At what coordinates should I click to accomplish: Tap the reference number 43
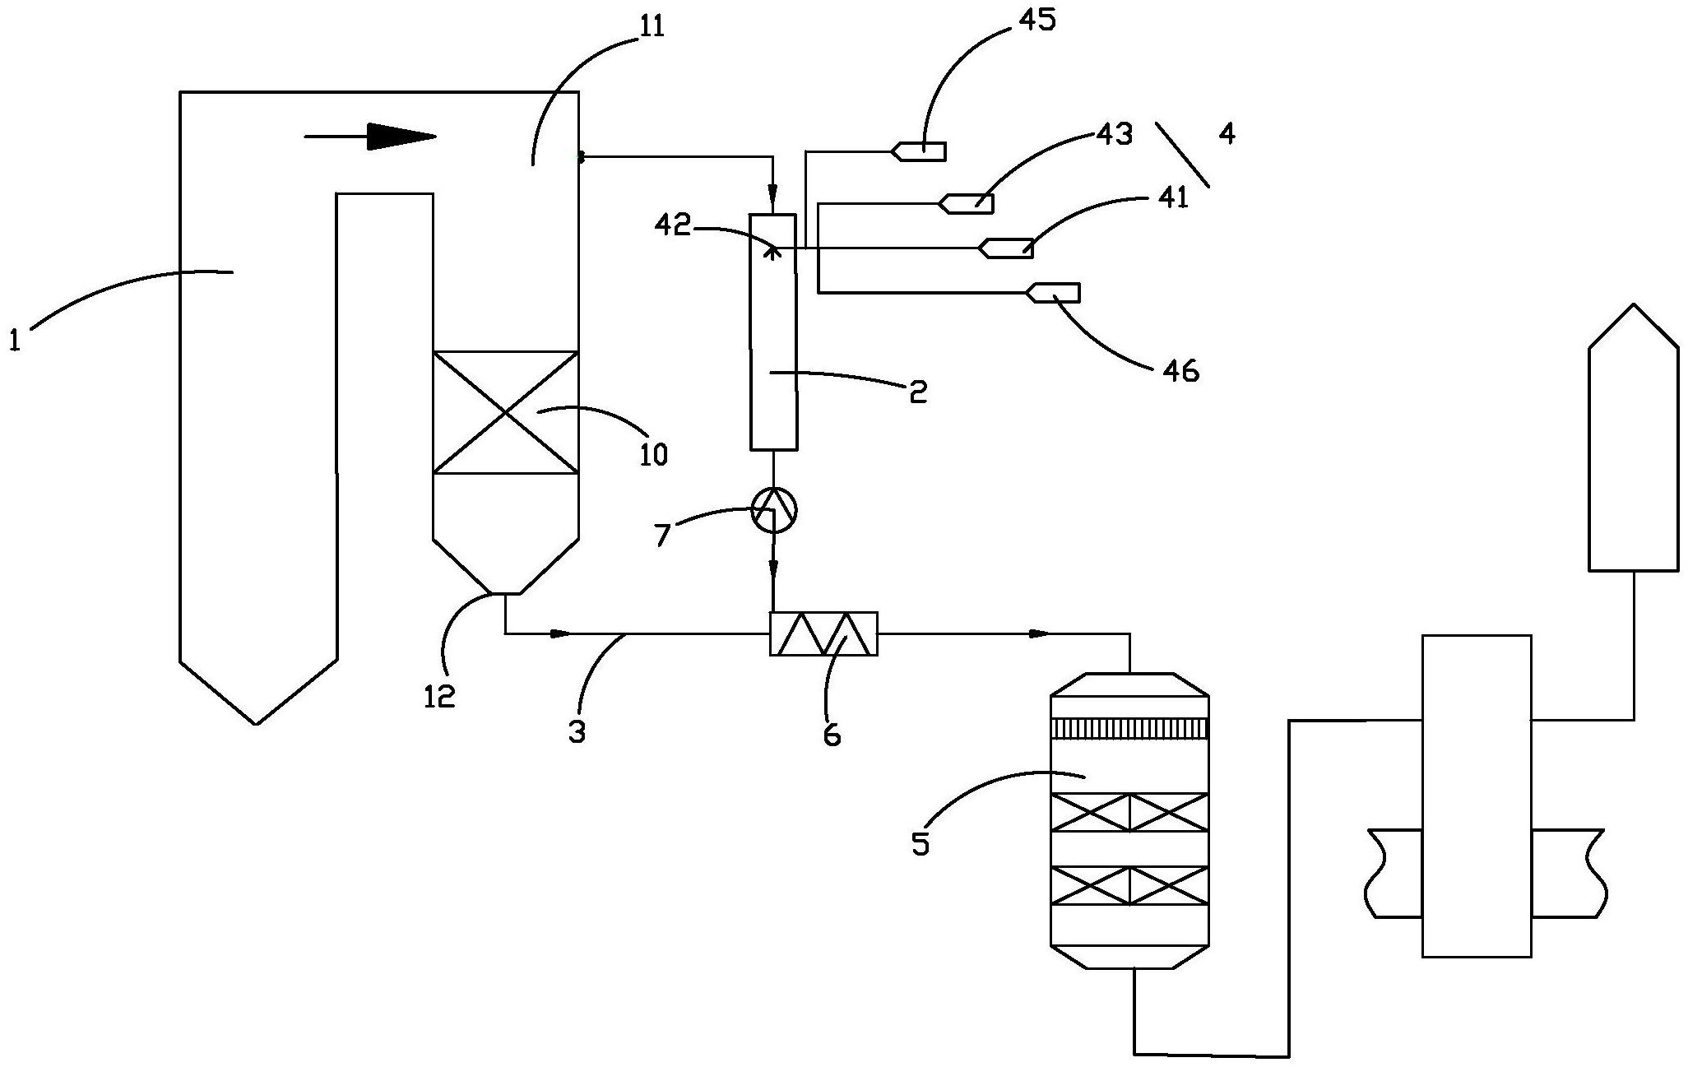[1115, 134]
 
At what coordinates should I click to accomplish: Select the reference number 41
[1171, 197]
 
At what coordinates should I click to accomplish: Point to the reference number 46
[1180, 371]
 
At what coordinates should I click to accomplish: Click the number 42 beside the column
[673, 226]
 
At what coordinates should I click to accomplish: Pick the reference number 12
[439, 697]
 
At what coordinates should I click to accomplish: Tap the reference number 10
[653, 454]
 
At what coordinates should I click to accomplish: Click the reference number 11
[649, 27]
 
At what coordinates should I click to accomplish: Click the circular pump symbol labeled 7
[774, 512]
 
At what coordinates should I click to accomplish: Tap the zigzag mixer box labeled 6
[823, 633]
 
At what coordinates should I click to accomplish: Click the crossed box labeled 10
[505, 412]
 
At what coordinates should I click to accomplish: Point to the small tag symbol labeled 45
[918, 151]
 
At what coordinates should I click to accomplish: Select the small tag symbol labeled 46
[1053, 293]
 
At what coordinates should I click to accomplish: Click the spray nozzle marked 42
[772, 249]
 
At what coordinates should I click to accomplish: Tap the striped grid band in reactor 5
[1130, 728]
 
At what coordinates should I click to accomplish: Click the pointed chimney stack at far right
[1634, 438]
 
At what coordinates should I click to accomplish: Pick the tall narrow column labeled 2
[773, 332]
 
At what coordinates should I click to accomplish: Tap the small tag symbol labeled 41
[1005, 248]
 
